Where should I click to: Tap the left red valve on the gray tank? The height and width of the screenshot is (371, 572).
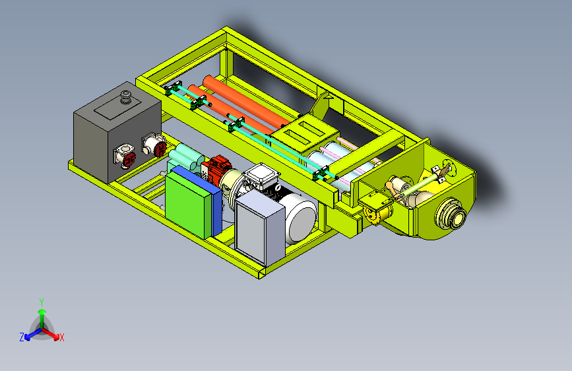pyautogui.click(x=125, y=156)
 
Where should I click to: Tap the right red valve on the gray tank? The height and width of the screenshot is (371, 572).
pyautogui.click(x=154, y=145)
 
